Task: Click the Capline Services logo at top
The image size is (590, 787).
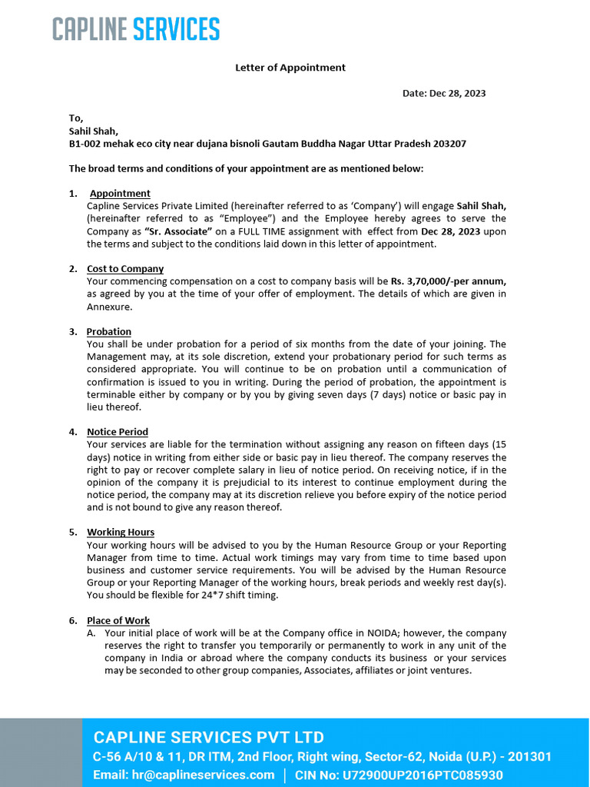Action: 136,29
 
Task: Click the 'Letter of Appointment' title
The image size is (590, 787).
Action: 290,68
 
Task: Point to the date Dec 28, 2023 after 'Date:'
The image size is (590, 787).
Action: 458,94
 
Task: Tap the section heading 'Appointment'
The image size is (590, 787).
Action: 120,194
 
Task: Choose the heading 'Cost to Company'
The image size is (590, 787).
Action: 125,269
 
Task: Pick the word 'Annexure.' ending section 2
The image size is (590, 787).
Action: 110,307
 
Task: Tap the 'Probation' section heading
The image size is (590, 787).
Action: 109,332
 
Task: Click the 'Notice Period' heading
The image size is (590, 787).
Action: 118,432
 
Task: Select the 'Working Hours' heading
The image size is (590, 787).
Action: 121,532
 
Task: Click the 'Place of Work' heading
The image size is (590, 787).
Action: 118,620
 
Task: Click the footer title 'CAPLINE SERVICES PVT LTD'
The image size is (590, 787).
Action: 208,736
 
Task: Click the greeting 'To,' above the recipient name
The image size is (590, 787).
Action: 76,118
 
